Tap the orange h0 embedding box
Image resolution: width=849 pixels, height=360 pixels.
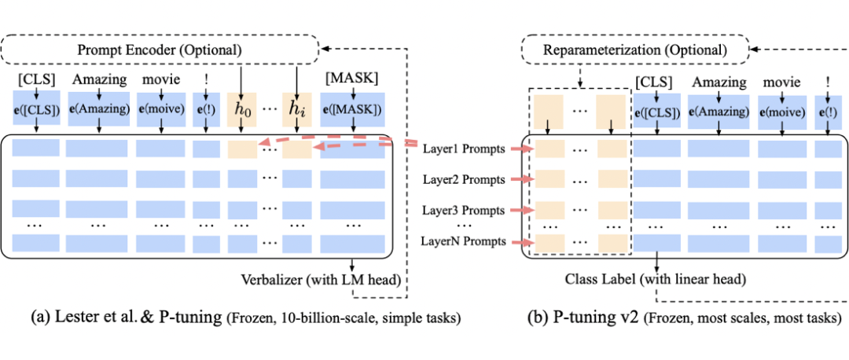click(241, 110)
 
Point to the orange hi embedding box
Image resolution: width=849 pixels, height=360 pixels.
click(296, 110)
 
